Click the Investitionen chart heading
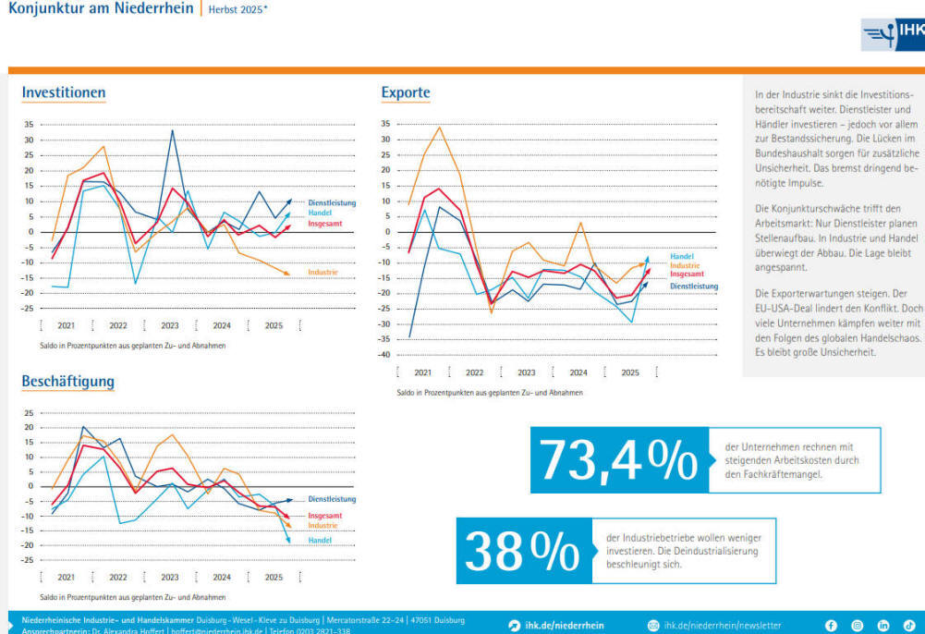click(x=64, y=92)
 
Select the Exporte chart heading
click(x=406, y=92)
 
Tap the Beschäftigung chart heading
click(x=68, y=381)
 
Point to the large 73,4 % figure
click(x=617, y=460)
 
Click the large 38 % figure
click(x=522, y=551)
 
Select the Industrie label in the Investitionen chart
click(x=323, y=273)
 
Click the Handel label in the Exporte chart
click(x=681, y=256)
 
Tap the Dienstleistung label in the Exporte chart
click(x=694, y=287)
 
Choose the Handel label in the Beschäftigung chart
click(x=320, y=540)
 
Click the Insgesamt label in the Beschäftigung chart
click(x=324, y=516)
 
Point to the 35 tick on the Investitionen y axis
click(x=28, y=125)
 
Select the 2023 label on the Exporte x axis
click(x=526, y=372)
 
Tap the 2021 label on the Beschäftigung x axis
click(x=67, y=577)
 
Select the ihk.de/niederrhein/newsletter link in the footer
click(x=722, y=626)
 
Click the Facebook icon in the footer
click(x=831, y=626)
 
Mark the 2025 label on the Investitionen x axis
click(x=274, y=325)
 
